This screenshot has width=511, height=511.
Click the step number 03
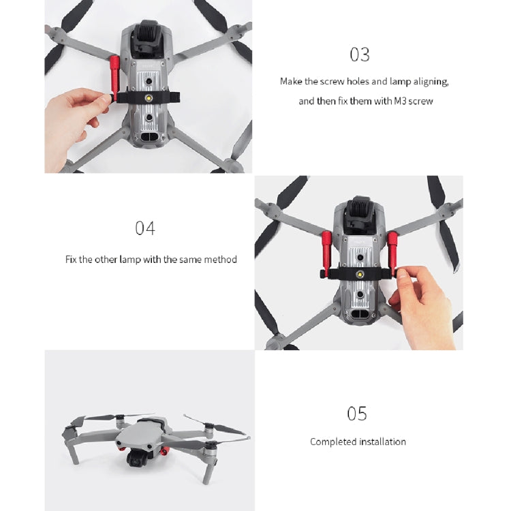pyautogui.click(x=360, y=55)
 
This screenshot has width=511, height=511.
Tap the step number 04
pyautogui.click(x=145, y=228)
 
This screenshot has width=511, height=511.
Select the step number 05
pyautogui.click(x=357, y=414)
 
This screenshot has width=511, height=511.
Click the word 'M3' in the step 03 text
pyautogui.click(x=400, y=101)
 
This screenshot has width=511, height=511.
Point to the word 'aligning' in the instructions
pyautogui.click(x=431, y=82)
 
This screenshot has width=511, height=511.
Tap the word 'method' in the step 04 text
pyautogui.click(x=220, y=260)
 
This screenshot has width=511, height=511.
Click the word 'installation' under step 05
pyautogui.click(x=382, y=442)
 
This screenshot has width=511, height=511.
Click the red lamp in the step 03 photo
pyautogui.click(x=114, y=78)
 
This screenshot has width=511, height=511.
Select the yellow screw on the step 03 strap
pyautogui.click(x=149, y=97)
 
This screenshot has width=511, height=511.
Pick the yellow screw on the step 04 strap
pyautogui.click(x=360, y=275)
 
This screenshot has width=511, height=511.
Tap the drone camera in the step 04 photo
pyautogui.click(x=360, y=213)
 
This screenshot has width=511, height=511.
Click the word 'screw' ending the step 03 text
pyautogui.click(x=421, y=102)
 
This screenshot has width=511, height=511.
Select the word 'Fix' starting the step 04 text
pyautogui.click(x=71, y=260)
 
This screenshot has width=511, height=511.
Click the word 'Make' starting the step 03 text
pyautogui.click(x=291, y=81)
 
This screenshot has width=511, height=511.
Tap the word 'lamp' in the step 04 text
pyautogui.click(x=130, y=260)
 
